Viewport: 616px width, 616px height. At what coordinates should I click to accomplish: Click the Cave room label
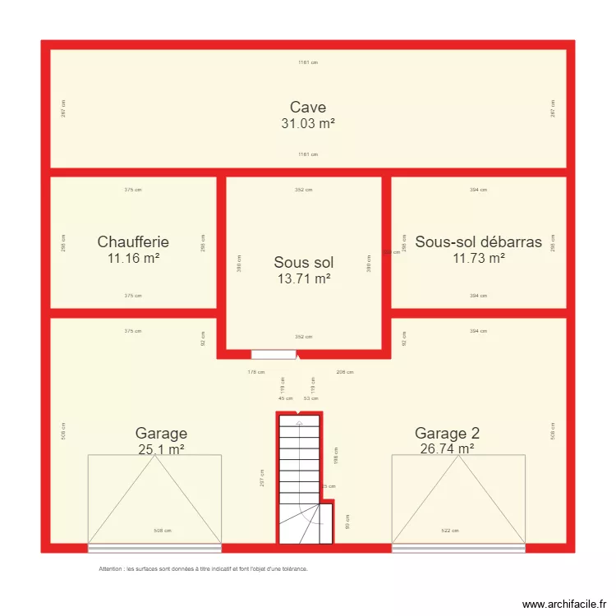(308, 107)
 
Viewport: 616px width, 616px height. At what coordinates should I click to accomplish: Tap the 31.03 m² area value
(308, 123)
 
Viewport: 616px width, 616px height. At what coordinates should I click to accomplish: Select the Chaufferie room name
(133, 241)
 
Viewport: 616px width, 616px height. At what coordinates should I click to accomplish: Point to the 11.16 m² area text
(133, 258)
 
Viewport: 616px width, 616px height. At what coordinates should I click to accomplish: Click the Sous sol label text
(304, 263)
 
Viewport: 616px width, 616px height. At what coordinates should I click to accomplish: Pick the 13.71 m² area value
(304, 279)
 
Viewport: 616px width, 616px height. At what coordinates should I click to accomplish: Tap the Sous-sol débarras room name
(478, 241)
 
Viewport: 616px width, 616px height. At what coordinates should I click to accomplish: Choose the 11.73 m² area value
(478, 258)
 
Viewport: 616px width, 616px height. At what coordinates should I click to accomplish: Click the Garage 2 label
(448, 433)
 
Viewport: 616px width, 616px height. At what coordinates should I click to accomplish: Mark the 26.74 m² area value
(448, 448)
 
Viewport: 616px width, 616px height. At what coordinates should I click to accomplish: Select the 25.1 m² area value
(161, 449)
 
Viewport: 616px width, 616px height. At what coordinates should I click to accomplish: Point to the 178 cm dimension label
(255, 372)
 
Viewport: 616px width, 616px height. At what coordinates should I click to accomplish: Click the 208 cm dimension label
(345, 372)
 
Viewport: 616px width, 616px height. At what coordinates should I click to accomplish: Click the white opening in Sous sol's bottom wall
(274, 355)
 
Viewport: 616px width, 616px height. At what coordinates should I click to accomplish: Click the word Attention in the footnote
(110, 568)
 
